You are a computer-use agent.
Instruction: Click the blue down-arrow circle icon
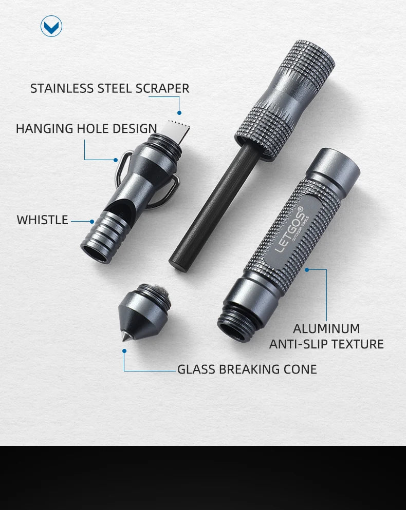[51, 26]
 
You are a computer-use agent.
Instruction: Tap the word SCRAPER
[162, 88]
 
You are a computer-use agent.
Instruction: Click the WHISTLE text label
[42, 220]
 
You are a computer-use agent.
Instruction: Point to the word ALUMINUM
[326, 329]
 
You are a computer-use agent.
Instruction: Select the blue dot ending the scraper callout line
[179, 113]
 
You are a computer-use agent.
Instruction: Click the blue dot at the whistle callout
[92, 222]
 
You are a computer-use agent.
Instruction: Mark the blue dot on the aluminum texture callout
[307, 270]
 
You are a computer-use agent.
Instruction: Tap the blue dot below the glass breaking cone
[124, 351]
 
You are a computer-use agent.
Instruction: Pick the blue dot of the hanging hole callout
[116, 160]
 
